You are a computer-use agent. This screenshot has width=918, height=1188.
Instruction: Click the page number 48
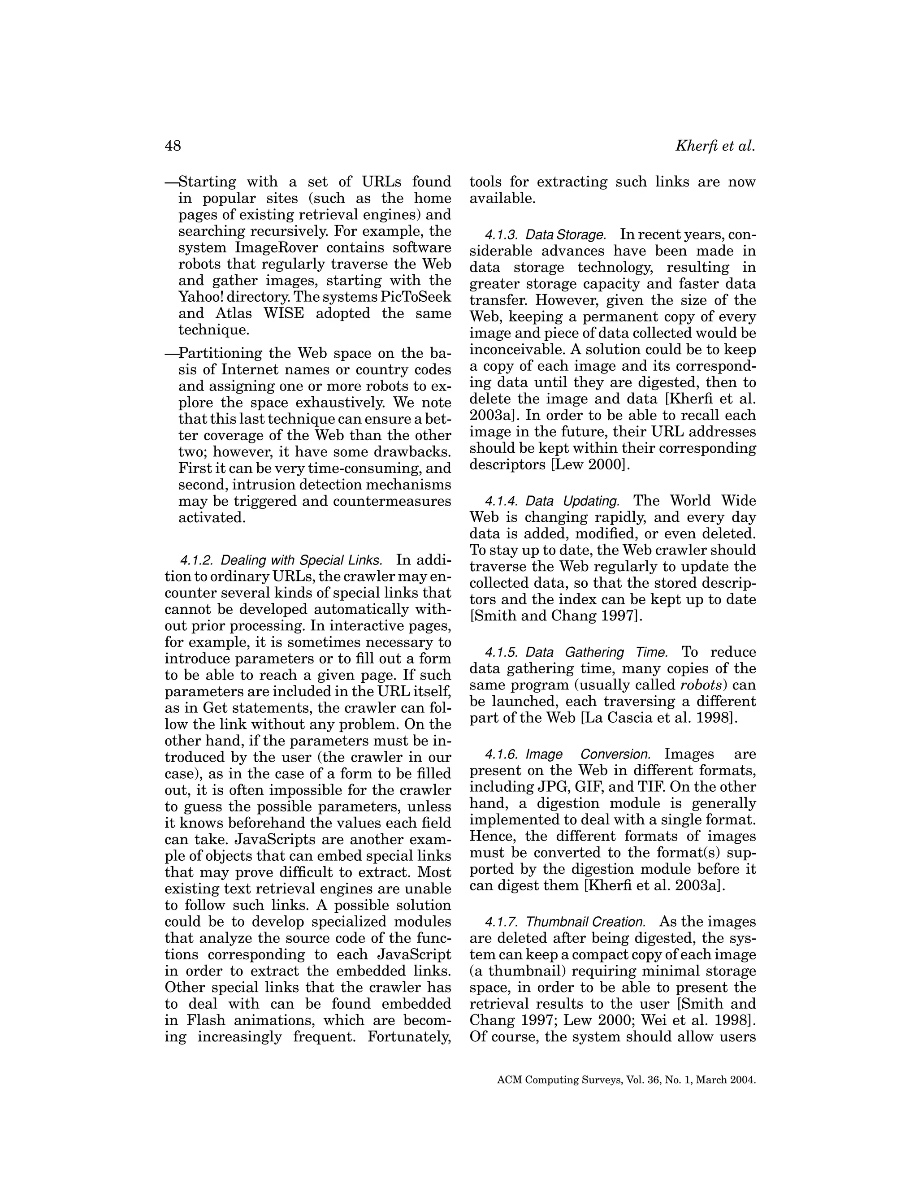173,146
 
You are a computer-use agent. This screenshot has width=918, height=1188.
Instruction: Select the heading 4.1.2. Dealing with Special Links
281,560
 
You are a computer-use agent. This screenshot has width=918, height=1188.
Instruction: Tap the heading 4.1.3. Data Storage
545,235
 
